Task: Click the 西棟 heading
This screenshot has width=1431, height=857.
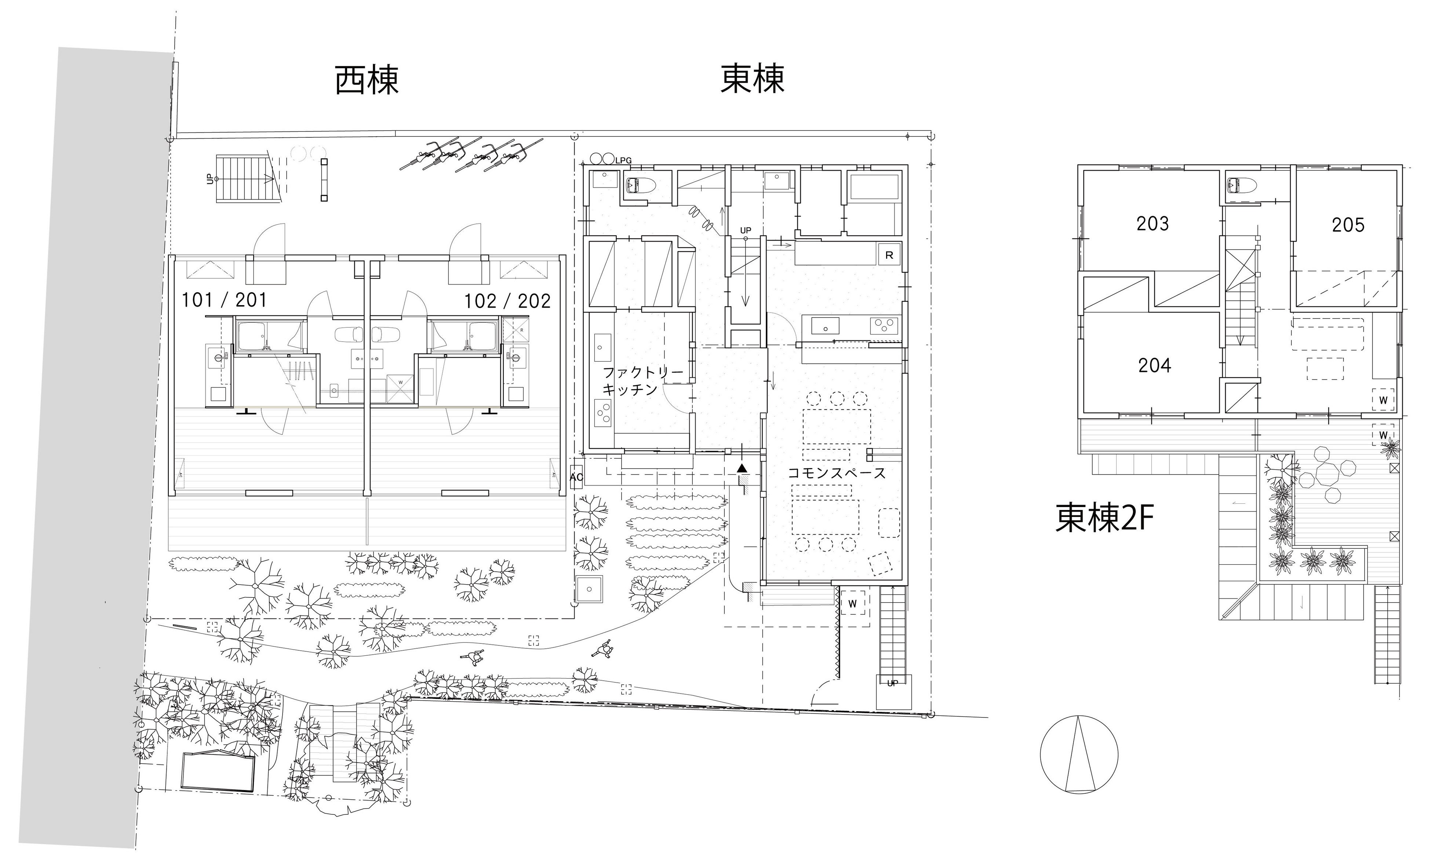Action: (367, 80)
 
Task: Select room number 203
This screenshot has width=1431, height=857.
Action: (1152, 224)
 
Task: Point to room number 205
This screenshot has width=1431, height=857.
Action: (1348, 225)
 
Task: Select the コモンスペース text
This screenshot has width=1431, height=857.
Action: (837, 474)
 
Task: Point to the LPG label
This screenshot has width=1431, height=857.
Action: (623, 160)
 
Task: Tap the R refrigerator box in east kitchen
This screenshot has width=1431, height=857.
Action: (889, 255)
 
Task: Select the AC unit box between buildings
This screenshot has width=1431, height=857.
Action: (576, 477)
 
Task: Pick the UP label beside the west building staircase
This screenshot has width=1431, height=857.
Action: (210, 179)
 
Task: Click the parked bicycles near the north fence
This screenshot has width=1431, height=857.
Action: (470, 155)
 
